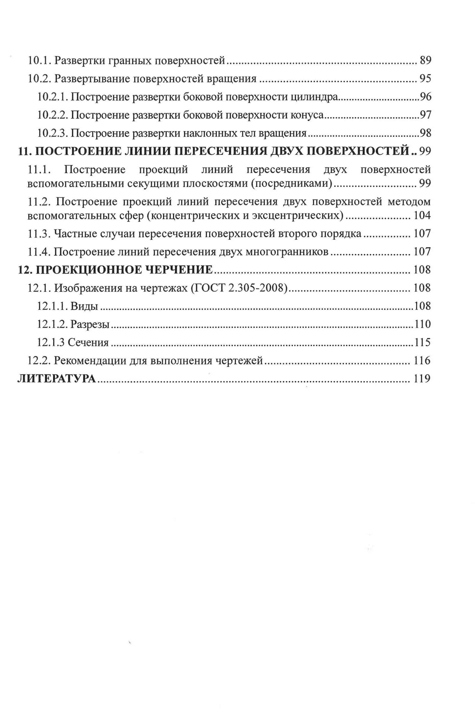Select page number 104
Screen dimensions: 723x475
point(422,215)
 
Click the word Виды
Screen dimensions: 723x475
point(84,306)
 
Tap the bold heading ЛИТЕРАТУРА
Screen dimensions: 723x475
point(57,379)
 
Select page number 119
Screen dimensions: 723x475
point(422,379)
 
